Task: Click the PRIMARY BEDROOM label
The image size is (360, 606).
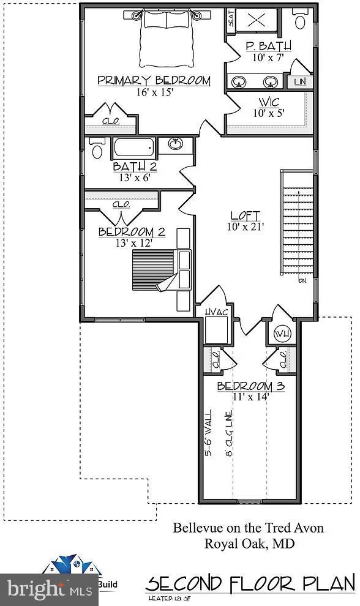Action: click(154, 81)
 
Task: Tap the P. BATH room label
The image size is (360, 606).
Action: click(268, 47)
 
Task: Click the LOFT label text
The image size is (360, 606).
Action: click(245, 216)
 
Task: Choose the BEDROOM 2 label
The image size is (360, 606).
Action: click(132, 232)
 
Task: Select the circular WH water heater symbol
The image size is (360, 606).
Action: click(282, 334)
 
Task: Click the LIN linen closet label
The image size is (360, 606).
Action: click(299, 81)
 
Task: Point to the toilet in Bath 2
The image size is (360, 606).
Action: click(97, 149)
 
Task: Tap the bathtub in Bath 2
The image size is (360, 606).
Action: click(133, 148)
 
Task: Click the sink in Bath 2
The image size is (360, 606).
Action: click(176, 144)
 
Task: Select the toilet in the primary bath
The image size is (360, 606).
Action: click(301, 20)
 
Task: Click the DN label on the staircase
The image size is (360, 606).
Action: click(302, 282)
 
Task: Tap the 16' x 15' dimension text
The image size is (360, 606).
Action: click(156, 92)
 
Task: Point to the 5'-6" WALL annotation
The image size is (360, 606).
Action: click(209, 433)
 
